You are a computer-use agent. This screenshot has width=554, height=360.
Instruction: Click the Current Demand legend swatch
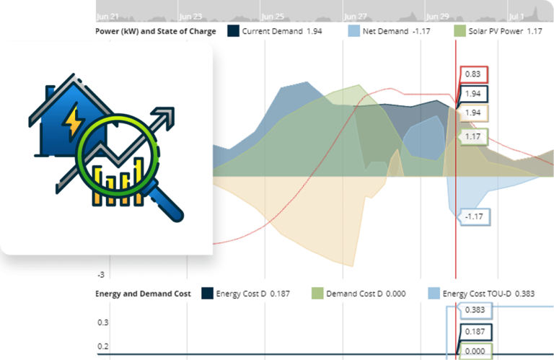233,32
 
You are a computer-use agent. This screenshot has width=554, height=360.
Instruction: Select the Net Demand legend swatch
353,32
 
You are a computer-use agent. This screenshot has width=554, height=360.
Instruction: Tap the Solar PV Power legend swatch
460,32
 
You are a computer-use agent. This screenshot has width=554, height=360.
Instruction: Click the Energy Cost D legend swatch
207,294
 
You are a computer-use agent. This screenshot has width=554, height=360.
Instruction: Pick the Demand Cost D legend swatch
317,294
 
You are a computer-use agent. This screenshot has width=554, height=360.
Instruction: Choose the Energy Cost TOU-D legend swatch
433,294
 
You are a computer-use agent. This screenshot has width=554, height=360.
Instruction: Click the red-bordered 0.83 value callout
474,74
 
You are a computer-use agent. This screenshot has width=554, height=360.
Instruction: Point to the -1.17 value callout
473,216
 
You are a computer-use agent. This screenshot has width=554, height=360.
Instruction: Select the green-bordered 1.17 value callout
474,136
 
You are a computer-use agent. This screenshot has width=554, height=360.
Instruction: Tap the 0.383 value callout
475,310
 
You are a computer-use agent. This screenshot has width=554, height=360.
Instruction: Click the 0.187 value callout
475,332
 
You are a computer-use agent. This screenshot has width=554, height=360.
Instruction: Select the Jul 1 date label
516,15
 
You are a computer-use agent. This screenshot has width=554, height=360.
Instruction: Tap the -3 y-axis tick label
101,275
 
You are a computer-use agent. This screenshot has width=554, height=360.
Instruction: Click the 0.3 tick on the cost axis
103,322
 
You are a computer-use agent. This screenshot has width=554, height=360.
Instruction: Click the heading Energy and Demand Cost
143,294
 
